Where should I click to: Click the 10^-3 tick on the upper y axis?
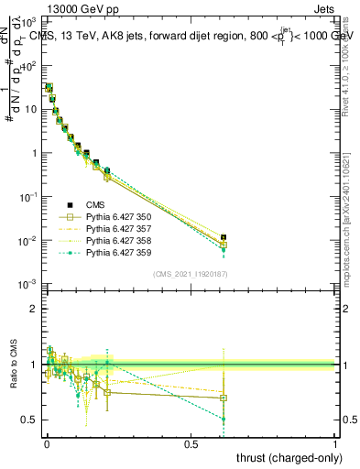tap(27, 285)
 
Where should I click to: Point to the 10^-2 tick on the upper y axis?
tap(27, 241)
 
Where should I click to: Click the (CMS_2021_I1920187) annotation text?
tap(191, 274)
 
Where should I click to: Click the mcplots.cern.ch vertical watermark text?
tap(352, 229)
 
